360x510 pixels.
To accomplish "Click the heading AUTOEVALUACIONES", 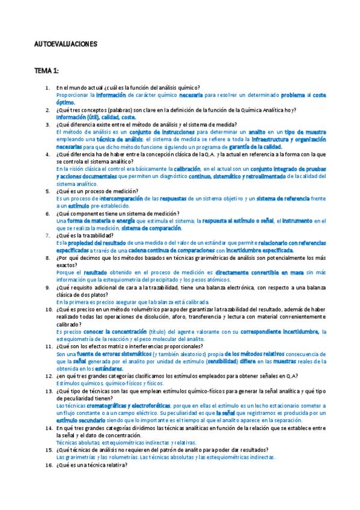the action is [x=66, y=45].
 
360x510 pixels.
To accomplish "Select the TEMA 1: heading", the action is [x=46, y=70].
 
